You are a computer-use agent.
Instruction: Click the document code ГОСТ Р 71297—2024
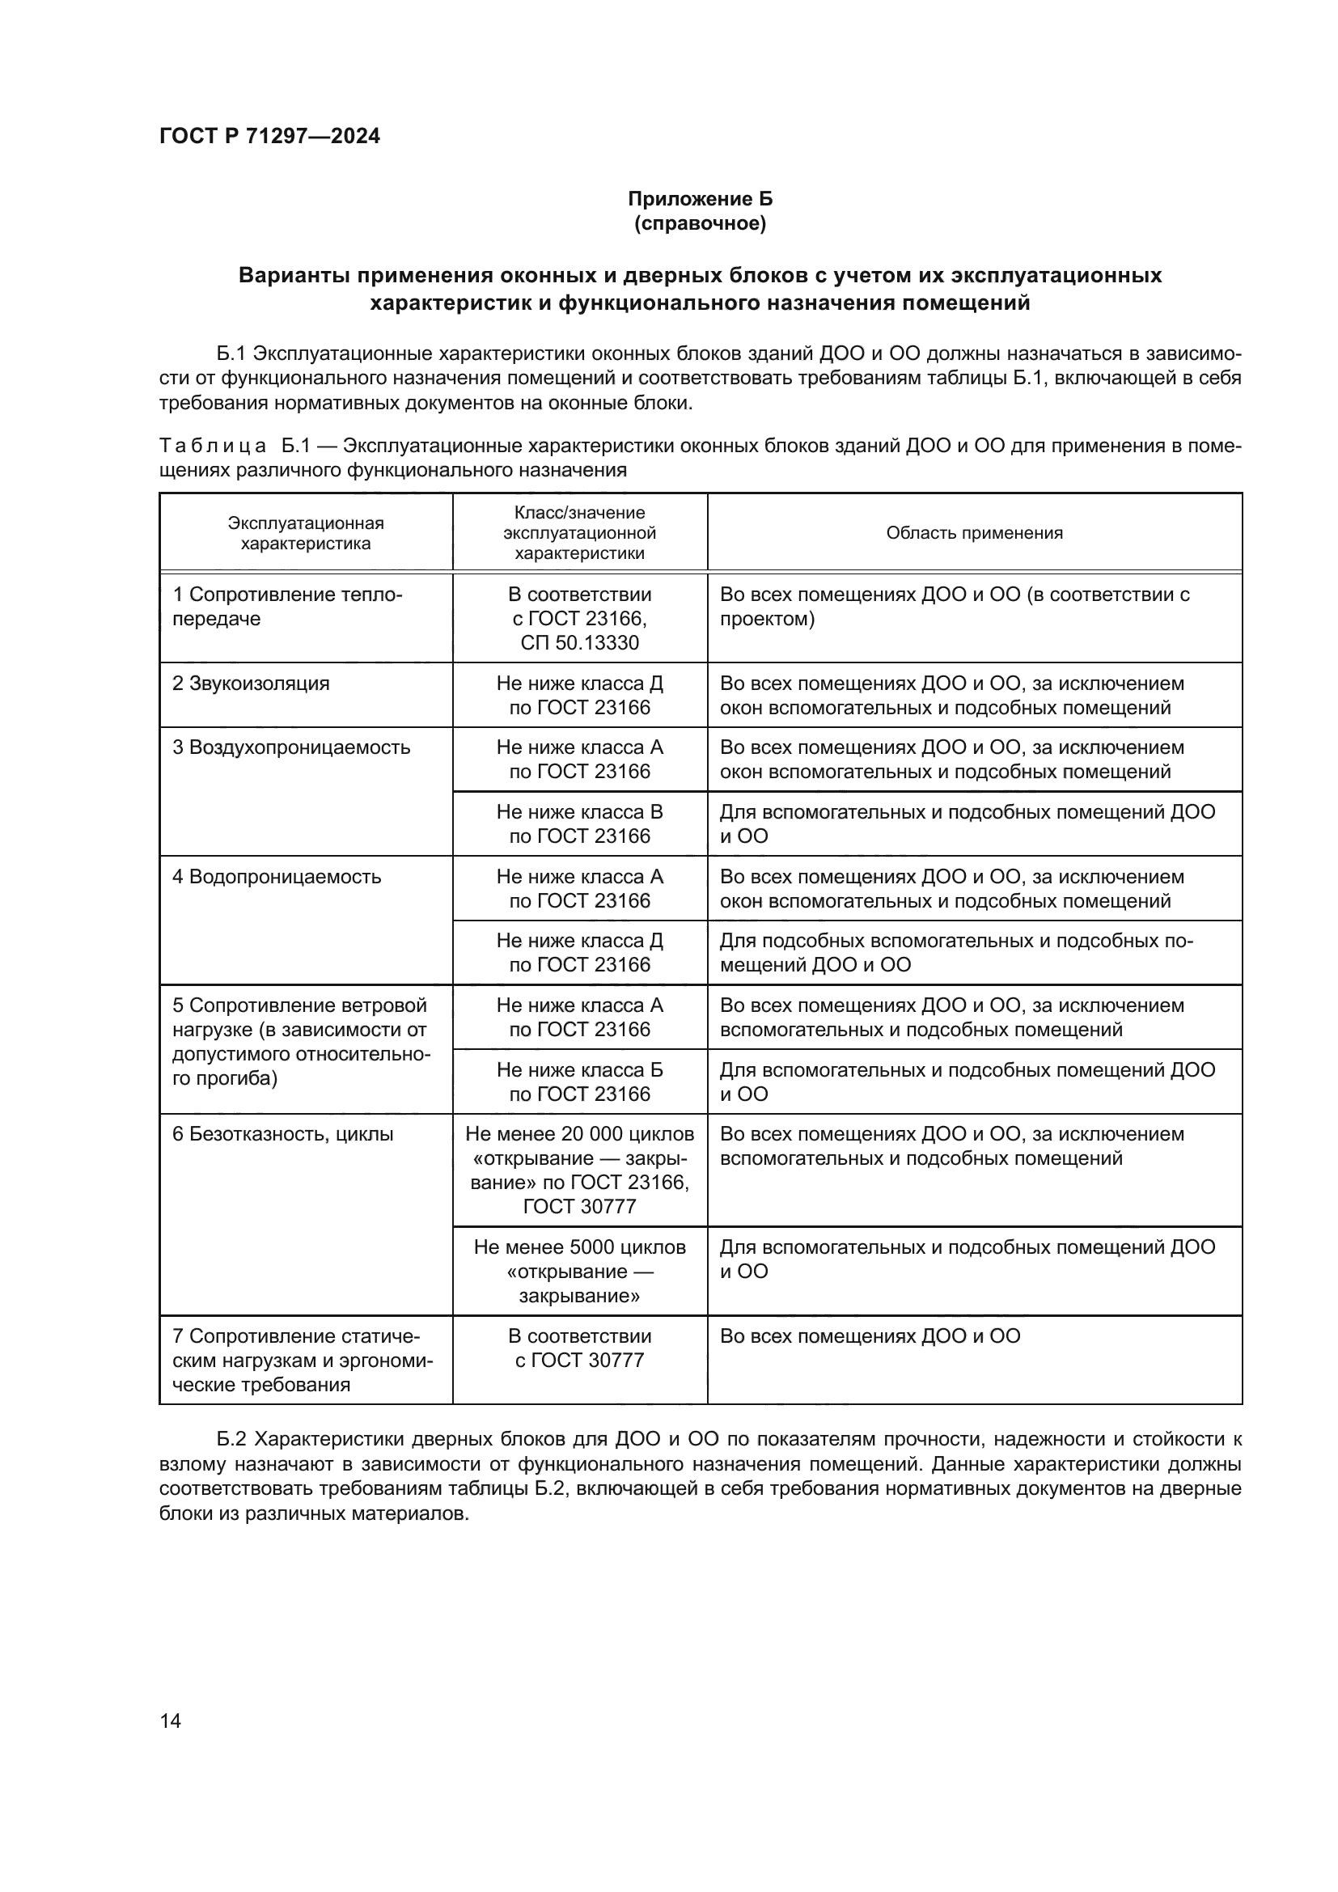[x=269, y=136]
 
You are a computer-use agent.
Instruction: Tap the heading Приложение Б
[x=700, y=199]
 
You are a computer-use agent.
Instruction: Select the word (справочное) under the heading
[x=700, y=223]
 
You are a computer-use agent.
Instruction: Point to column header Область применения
[x=974, y=533]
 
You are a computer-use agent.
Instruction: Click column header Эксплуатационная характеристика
[x=306, y=533]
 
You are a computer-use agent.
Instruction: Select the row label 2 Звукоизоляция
[x=251, y=684]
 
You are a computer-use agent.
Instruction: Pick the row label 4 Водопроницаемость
[x=277, y=876]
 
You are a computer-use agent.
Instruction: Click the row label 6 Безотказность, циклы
[x=282, y=1134]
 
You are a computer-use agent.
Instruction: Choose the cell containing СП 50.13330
[x=579, y=643]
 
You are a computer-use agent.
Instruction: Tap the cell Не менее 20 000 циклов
[x=579, y=1134]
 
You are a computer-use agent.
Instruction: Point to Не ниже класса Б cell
[x=579, y=1081]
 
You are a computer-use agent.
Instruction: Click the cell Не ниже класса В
[x=579, y=823]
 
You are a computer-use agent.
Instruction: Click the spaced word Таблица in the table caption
[x=213, y=446]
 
